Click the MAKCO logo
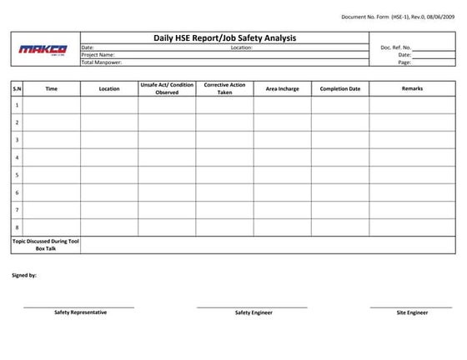[44, 49]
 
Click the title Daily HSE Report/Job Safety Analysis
[224, 38]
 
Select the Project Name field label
[98, 55]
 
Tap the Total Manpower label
[102, 62]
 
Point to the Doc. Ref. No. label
[395, 47]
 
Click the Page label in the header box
[404, 62]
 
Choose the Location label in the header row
[242, 47]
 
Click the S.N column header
[17, 88]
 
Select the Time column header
[52, 88]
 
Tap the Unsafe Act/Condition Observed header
[167, 88]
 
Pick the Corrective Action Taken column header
[224, 88]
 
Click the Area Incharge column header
[282, 88]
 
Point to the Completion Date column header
[340, 88]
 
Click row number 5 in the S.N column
[17, 175]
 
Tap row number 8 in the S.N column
[17, 227]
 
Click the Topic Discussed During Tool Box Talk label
[45, 245]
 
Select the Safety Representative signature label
[80, 312]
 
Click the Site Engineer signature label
[412, 312]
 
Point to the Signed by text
[23, 275]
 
